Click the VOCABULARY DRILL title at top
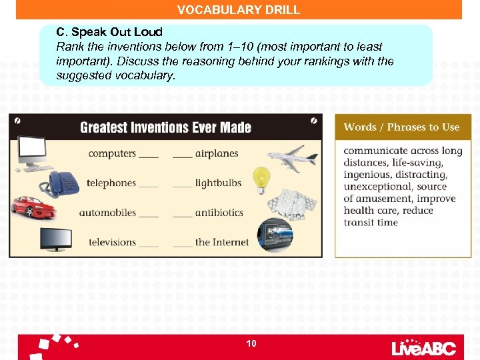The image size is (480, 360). [x=239, y=10]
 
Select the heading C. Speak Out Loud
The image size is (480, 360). [x=109, y=32]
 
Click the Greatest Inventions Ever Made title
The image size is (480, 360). [x=165, y=127]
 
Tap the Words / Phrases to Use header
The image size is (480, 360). [x=402, y=127]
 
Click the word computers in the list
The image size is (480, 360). [x=112, y=153]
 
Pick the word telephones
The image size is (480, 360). [x=111, y=183]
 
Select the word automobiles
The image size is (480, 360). [x=107, y=213]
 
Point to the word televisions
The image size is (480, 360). [x=111, y=242]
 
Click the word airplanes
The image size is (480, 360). [x=216, y=153]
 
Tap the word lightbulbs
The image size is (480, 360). [x=218, y=183]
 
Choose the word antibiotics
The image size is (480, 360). [x=219, y=213]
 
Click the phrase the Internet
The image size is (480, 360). [x=221, y=242]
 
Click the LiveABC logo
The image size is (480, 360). [x=423, y=347]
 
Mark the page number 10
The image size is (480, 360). [x=251, y=343]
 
